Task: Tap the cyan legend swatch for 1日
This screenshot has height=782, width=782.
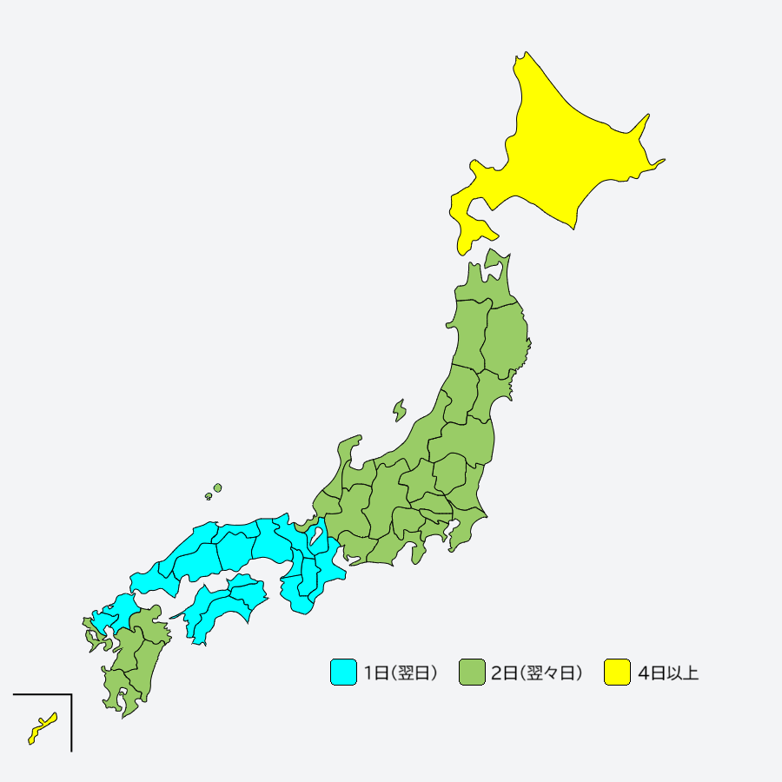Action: click(343, 673)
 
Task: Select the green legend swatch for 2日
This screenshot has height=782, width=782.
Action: click(472, 673)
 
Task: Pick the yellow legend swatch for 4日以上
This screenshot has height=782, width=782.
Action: click(617, 673)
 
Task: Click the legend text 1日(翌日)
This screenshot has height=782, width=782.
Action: click(401, 673)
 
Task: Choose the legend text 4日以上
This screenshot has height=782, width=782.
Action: click(667, 673)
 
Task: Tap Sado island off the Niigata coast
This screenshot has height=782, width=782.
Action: click(400, 408)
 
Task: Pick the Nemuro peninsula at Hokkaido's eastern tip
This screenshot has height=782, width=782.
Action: click(655, 163)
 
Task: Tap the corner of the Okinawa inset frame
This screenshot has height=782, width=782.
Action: click(71, 695)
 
